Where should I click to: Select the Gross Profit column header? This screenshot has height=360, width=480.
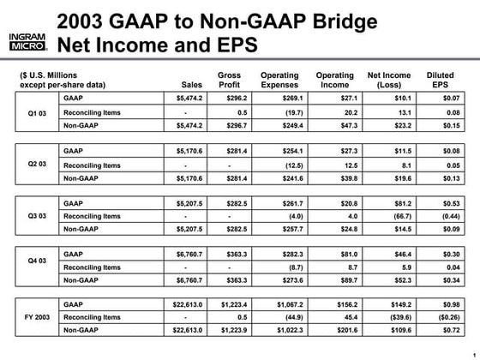(229, 80)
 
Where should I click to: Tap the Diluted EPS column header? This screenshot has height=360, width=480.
(440, 80)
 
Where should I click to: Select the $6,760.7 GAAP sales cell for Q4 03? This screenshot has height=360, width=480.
(183, 254)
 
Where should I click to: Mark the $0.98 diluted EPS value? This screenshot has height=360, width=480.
(440, 304)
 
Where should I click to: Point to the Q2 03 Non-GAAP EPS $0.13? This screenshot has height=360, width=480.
(440, 177)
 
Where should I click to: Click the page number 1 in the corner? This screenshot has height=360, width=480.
(473, 353)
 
